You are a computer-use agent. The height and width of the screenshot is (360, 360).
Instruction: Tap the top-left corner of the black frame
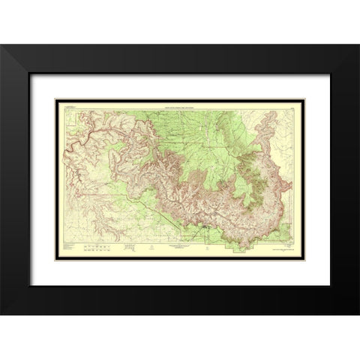click(x=2, y=46)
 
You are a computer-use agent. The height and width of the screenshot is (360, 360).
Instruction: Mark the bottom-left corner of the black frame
click(x=2, y=313)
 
